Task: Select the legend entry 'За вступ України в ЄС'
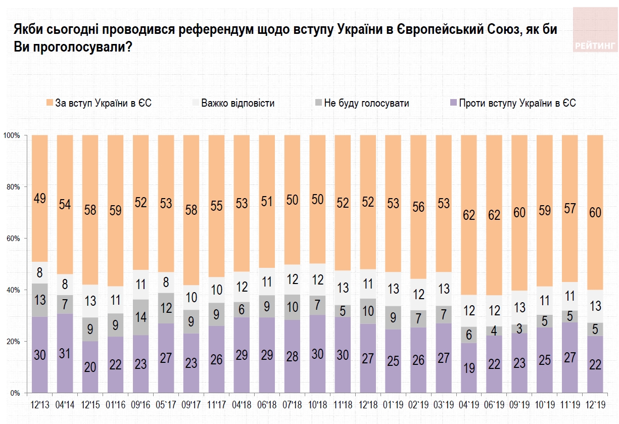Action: coord(99,103)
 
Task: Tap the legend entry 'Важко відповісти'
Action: coord(237,103)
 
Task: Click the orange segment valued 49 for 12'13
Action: coord(39,198)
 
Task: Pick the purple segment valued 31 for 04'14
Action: coord(65,353)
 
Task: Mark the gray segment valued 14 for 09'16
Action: coord(140,317)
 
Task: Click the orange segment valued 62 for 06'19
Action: coord(494,215)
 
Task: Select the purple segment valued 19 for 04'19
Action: coord(469,368)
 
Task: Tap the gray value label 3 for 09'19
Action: coord(519,328)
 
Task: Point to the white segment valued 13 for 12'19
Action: coord(595,306)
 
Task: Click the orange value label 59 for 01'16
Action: coord(115,211)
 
